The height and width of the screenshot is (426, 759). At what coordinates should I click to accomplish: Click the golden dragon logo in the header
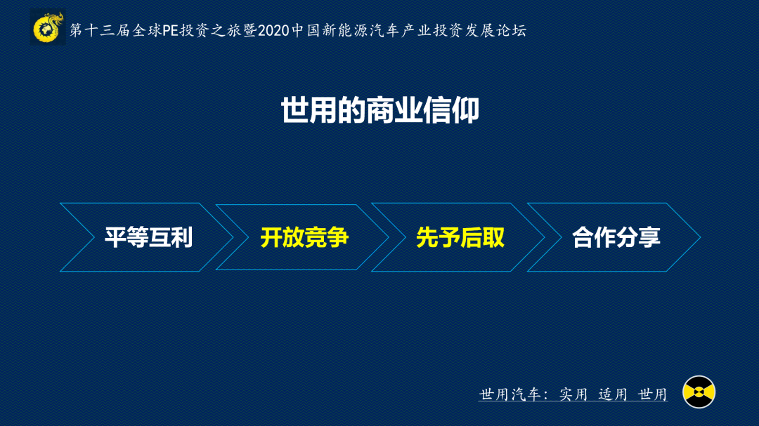[x=48, y=27]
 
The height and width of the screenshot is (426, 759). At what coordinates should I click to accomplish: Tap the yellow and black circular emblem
[x=699, y=392]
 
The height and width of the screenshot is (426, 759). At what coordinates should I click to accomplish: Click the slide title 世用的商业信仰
[x=380, y=110]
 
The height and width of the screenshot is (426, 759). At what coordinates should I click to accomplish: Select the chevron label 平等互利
[x=148, y=237]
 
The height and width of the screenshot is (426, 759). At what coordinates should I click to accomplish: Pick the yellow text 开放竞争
[x=304, y=237]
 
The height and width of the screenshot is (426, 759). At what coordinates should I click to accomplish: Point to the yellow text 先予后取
[x=460, y=237]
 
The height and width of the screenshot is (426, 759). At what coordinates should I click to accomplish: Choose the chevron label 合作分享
[x=616, y=237]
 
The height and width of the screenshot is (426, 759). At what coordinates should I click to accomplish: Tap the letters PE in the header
[x=171, y=30]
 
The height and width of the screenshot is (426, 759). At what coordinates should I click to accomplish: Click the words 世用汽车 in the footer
[x=510, y=394]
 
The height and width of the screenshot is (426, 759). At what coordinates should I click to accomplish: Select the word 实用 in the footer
[x=573, y=394]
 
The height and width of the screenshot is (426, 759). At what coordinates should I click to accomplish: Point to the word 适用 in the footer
[x=613, y=394]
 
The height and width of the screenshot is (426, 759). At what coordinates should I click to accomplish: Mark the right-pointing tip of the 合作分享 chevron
[x=701, y=237]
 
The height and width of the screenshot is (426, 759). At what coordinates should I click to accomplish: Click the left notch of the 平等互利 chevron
[x=94, y=237]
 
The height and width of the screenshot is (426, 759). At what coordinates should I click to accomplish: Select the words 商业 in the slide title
[x=394, y=110]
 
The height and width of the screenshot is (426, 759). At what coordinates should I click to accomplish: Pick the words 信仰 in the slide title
[x=451, y=110]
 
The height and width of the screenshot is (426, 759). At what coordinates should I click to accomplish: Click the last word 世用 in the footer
[x=652, y=394]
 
